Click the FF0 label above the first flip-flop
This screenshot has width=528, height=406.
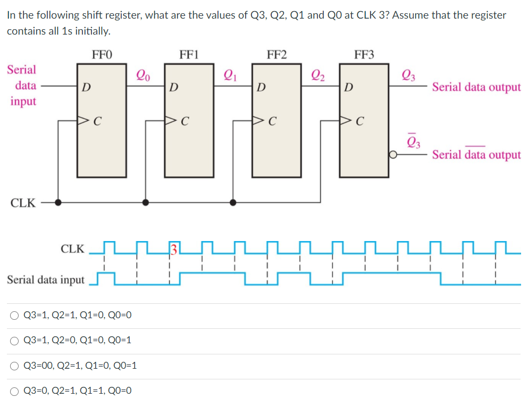pyautogui.click(x=102, y=54)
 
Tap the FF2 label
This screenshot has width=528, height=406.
pyautogui.click(x=276, y=54)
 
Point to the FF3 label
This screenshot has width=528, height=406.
pyautogui.click(x=364, y=54)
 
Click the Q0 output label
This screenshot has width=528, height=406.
pyautogui.click(x=143, y=76)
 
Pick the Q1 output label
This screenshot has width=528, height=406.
pyautogui.click(x=230, y=76)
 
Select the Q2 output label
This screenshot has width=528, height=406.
pyautogui.click(x=317, y=76)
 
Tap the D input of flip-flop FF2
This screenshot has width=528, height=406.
pyautogui.click(x=261, y=87)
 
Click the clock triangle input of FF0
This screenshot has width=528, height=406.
pyautogui.click(x=83, y=121)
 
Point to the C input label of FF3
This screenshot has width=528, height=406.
pyautogui.click(x=360, y=121)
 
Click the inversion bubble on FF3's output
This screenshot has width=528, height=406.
pyautogui.click(x=394, y=155)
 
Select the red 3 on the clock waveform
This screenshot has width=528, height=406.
pyautogui.click(x=173, y=248)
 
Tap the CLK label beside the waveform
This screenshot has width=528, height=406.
pyautogui.click(x=72, y=248)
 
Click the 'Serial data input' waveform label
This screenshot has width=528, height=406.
pyautogui.click(x=46, y=279)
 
